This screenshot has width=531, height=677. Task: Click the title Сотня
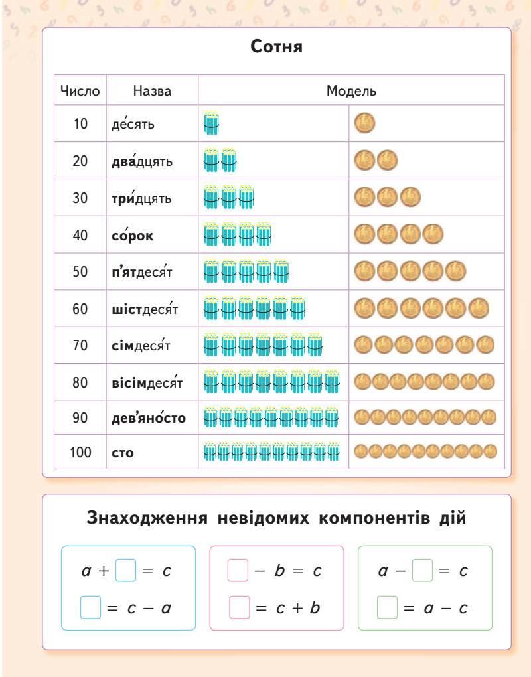tap(277, 48)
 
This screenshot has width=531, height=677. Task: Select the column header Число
tap(80, 91)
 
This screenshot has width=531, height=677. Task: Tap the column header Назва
tap(152, 91)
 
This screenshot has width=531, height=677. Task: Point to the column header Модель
tap(351, 91)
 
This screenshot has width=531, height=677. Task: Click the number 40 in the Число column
tap(80, 235)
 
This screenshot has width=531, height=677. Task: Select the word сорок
tap(132, 235)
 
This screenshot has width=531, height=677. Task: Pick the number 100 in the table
tap(80, 453)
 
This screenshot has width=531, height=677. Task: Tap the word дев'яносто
tap(149, 418)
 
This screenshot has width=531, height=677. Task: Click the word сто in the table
tap(123, 453)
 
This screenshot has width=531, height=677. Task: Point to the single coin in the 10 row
tap(365, 123)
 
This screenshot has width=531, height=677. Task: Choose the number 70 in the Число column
tap(80, 345)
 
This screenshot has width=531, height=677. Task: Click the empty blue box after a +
tap(125, 571)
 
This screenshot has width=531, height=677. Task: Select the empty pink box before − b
tap(238, 571)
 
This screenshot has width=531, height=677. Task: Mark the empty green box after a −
tap(422, 571)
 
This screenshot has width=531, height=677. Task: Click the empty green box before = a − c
tap(388, 607)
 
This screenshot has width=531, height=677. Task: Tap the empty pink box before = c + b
tap(239, 607)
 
